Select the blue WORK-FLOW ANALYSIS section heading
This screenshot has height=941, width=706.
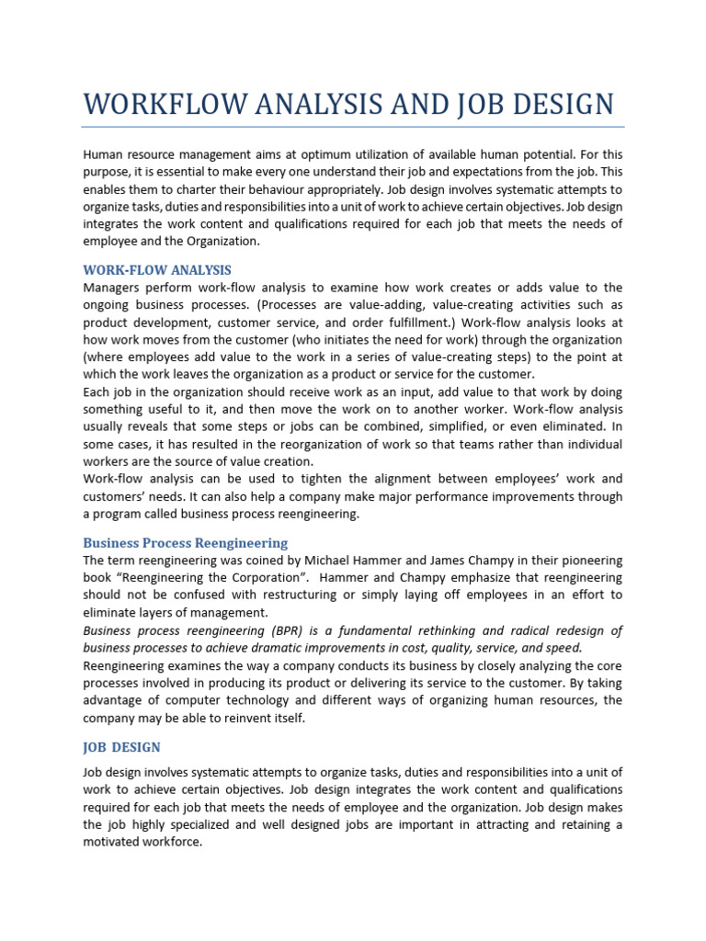click(156, 270)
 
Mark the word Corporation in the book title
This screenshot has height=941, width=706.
click(263, 578)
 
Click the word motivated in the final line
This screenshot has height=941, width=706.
click(113, 842)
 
